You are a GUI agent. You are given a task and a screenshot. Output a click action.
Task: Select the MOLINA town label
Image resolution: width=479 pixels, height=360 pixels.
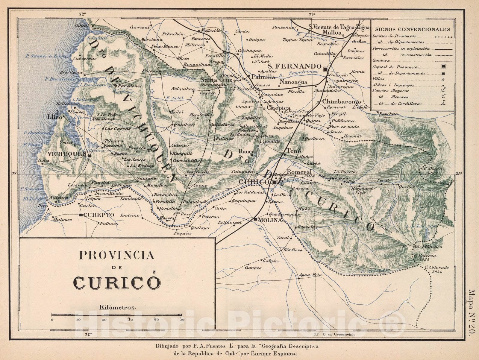click(271, 220)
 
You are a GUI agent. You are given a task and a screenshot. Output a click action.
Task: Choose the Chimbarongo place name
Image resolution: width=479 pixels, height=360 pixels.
click(339, 101)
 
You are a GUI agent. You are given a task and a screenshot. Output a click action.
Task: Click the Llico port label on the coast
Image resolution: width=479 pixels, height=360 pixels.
click(54, 117)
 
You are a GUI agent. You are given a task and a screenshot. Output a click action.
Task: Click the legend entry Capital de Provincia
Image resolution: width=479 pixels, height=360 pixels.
click(395, 67)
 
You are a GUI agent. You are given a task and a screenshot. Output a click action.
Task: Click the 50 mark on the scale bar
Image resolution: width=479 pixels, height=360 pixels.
click(182, 319)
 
